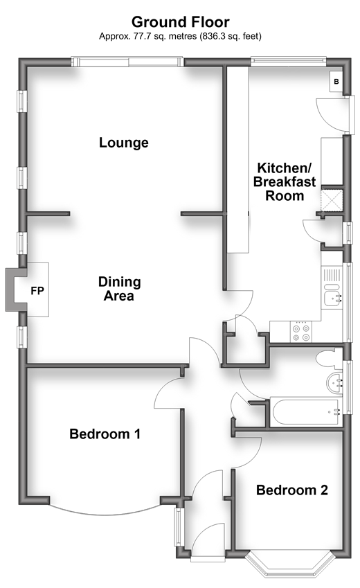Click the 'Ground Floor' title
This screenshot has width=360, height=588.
(180, 22)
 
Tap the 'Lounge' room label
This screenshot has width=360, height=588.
(124, 143)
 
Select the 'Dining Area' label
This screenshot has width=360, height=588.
(119, 288)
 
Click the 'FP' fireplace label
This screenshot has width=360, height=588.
(37, 291)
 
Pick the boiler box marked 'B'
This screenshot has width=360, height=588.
(336, 81)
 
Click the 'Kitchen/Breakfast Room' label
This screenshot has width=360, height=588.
(285, 181)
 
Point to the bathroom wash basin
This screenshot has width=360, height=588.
(334, 383)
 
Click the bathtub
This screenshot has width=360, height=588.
(307, 413)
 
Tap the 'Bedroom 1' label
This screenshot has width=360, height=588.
(105, 434)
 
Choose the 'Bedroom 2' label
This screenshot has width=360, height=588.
(292, 490)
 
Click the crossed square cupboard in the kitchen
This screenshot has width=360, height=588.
(332, 201)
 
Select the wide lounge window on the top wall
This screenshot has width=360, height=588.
(127, 62)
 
